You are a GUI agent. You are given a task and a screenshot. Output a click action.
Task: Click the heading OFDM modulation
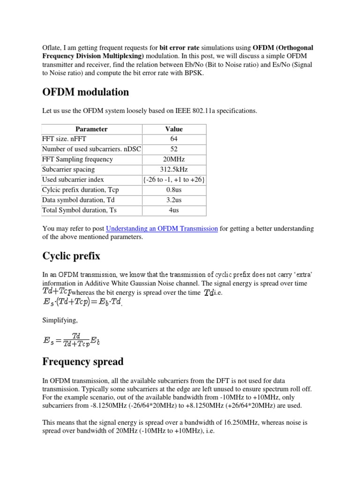(x=85, y=92)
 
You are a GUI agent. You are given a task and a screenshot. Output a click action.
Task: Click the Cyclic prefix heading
(x=71, y=256)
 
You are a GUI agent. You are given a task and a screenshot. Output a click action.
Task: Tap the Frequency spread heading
(x=83, y=361)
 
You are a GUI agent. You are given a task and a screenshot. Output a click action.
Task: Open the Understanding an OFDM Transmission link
(x=162, y=229)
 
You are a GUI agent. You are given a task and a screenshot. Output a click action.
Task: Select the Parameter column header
(x=91, y=129)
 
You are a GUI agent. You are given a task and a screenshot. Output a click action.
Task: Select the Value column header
(x=174, y=129)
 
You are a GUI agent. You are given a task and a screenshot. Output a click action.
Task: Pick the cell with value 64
(x=174, y=139)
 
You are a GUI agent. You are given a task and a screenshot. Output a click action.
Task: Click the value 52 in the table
(x=174, y=149)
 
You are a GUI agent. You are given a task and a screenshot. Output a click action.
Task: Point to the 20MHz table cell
(x=174, y=159)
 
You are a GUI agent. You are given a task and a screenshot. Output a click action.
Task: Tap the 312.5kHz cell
(x=174, y=169)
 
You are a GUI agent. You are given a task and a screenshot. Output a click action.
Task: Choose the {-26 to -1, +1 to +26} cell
(x=174, y=180)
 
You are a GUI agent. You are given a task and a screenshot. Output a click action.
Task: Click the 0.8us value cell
(x=174, y=190)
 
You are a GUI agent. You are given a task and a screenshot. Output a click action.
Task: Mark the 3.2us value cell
(x=174, y=200)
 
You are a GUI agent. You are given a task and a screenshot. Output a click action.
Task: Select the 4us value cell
(x=174, y=210)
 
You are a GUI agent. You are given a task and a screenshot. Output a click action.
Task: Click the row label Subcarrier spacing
(x=68, y=169)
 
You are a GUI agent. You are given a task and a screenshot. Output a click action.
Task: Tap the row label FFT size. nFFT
(x=64, y=139)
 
